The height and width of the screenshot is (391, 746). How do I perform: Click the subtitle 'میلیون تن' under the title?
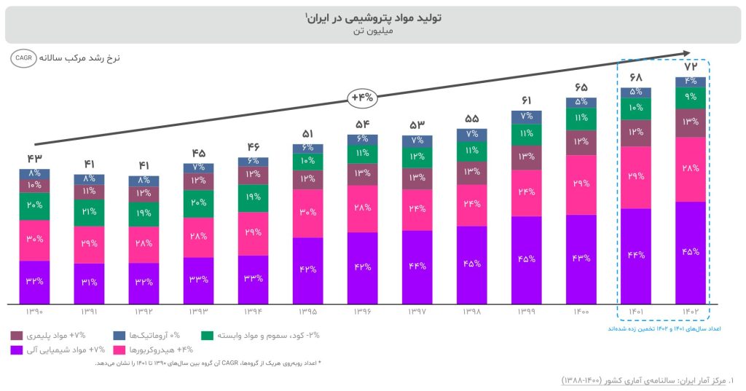point(372,32)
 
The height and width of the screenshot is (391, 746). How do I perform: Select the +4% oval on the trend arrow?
point(362,96)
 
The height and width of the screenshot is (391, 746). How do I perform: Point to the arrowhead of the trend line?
point(686,52)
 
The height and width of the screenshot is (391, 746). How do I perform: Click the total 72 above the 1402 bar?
point(691,67)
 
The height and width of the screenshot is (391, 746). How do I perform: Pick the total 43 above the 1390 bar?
point(34,159)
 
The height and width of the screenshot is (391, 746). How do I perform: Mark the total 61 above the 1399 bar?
point(527,100)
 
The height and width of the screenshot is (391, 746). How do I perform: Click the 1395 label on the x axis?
point(307,312)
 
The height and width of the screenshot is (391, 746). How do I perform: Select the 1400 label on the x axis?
point(581,312)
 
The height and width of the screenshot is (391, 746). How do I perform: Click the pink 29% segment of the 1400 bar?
point(581,184)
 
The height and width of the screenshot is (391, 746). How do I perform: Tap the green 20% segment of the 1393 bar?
point(198,203)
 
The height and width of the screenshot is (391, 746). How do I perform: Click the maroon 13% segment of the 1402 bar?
point(691,122)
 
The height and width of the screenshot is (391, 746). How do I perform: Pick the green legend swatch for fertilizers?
point(208,336)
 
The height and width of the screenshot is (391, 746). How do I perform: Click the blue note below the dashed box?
point(664,329)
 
